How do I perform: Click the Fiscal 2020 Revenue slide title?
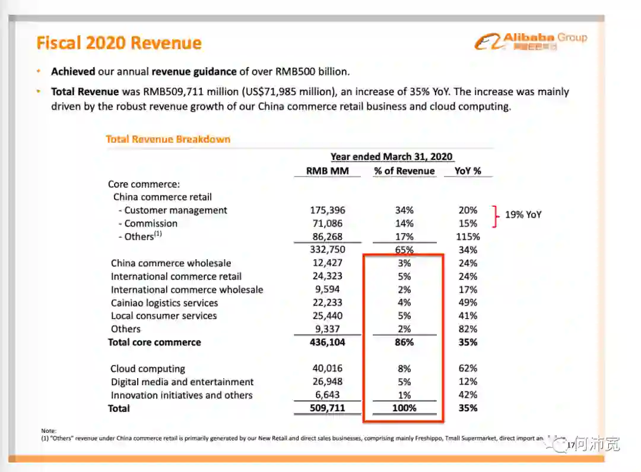tap(119, 43)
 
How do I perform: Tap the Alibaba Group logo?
tap(531, 40)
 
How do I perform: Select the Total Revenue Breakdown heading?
tap(168, 139)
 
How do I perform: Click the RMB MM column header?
tap(328, 171)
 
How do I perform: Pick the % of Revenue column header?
tap(404, 171)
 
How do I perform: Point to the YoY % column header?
tap(468, 171)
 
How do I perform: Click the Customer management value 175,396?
tap(328, 210)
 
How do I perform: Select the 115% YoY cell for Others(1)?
tap(468, 237)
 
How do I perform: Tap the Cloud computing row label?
tap(148, 369)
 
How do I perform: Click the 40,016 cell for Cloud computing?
tap(328, 369)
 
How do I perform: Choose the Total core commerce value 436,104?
tap(328, 342)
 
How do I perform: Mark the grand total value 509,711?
tap(328, 408)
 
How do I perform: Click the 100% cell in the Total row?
tap(404, 408)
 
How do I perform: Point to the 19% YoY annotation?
tap(523, 215)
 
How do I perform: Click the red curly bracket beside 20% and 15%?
tap(494, 216)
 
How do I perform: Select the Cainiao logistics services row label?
tap(164, 303)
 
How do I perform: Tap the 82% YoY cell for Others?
tap(468, 329)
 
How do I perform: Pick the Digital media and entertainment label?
tap(182, 382)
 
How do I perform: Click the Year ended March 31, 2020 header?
tap(392, 157)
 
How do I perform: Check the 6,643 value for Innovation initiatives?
tap(328, 395)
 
